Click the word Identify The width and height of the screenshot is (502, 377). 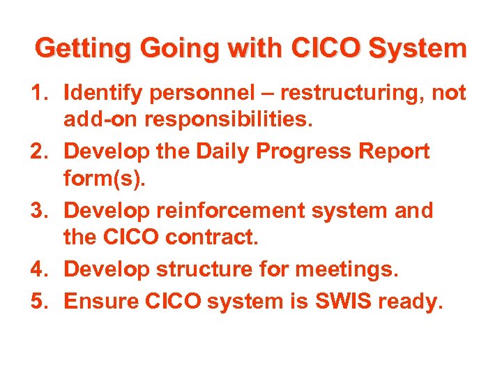102,92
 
